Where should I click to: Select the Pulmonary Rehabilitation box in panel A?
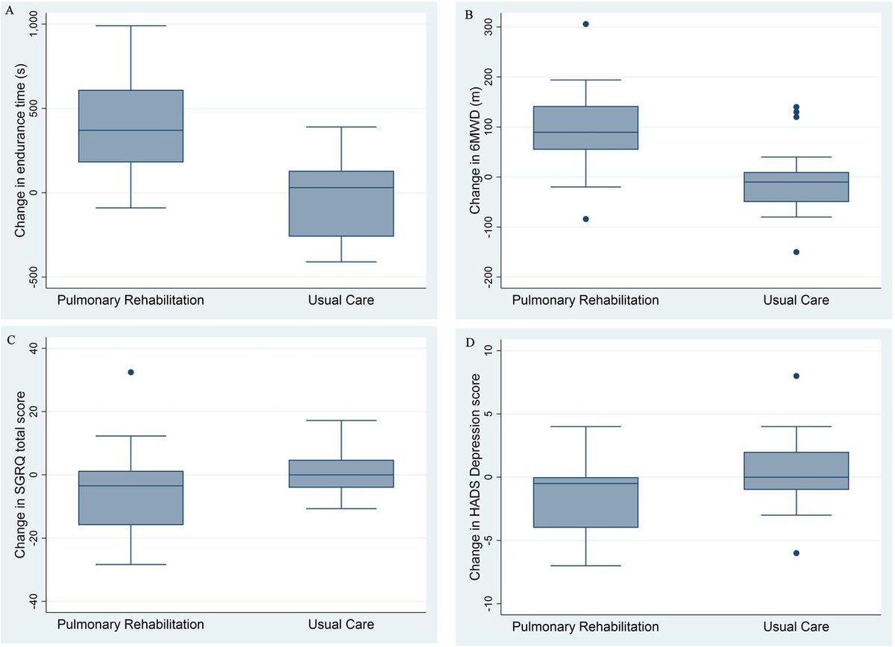pos(131,126)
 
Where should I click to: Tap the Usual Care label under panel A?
pos(341,300)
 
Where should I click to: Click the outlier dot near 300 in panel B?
pos(585,24)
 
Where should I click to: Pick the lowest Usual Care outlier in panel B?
pos(796,252)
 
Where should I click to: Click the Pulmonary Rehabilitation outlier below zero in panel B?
pos(585,219)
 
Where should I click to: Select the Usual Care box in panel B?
pos(796,187)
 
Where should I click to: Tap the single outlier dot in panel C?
pos(131,372)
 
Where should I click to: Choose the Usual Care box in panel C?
pos(341,473)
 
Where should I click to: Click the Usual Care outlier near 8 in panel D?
pos(796,376)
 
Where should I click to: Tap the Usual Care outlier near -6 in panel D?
pos(796,553)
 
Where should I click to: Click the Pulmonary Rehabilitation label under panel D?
pos(585,625)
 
